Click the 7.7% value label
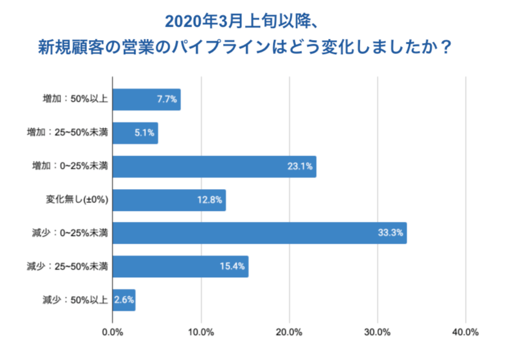pos(167,100)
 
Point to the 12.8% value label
pos(210,200)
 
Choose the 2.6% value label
pos(124,300)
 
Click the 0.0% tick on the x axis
pos(112,332)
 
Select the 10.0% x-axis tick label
pos(201,332)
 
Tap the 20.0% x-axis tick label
pos(289,332)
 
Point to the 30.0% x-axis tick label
pos(377,332)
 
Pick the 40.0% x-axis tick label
pos(465,332)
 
